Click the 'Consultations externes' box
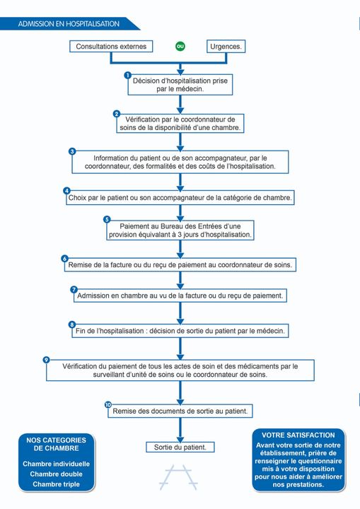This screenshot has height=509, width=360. point(111,47)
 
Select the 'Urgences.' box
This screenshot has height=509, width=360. point(226,47)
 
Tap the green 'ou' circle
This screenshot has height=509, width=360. point(180,47)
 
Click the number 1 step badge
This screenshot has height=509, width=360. point(128,75)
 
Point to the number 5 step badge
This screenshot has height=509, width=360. point(107,219)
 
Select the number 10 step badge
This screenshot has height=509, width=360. point(108,405)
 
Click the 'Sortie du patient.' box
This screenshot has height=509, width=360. point(180,447)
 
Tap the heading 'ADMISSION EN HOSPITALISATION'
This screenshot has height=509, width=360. point(69,23)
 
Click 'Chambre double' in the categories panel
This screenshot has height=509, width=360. point(56,474)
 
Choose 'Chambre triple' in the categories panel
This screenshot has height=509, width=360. point(56,484)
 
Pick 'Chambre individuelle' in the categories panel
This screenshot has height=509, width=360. point(56,464)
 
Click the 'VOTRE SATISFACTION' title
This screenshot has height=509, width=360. point(298,435)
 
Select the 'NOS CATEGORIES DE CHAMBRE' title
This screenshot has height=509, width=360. point(56,444)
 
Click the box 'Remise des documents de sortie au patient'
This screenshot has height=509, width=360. point(180,411)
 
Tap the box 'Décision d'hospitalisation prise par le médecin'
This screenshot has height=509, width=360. point(180,85)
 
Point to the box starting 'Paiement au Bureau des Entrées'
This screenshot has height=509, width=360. point(180,230)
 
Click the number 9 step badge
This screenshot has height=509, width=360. point(47,360)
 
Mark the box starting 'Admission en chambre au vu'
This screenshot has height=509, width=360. point(180,295)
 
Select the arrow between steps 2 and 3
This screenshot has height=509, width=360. point(180,141)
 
